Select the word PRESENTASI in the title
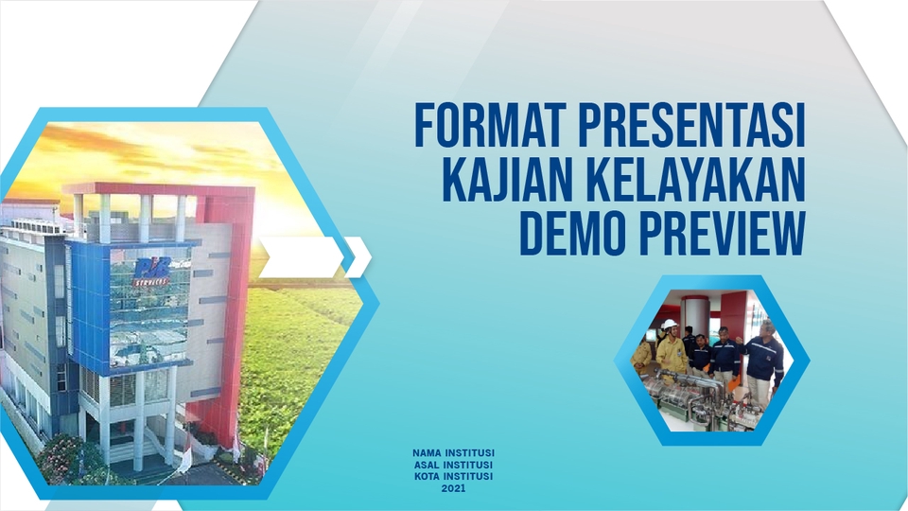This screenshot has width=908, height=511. point(692,127)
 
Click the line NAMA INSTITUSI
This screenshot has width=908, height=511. point(454,453)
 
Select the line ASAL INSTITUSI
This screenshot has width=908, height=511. point(454,465)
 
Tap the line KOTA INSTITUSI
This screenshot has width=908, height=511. point(454,476)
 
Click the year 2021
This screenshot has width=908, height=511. point(454,488)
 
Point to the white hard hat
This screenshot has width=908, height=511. point(670,325)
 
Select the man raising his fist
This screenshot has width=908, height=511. point(762,355)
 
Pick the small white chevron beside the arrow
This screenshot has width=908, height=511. point(358,257)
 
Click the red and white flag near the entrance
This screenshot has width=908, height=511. point(185,458)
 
